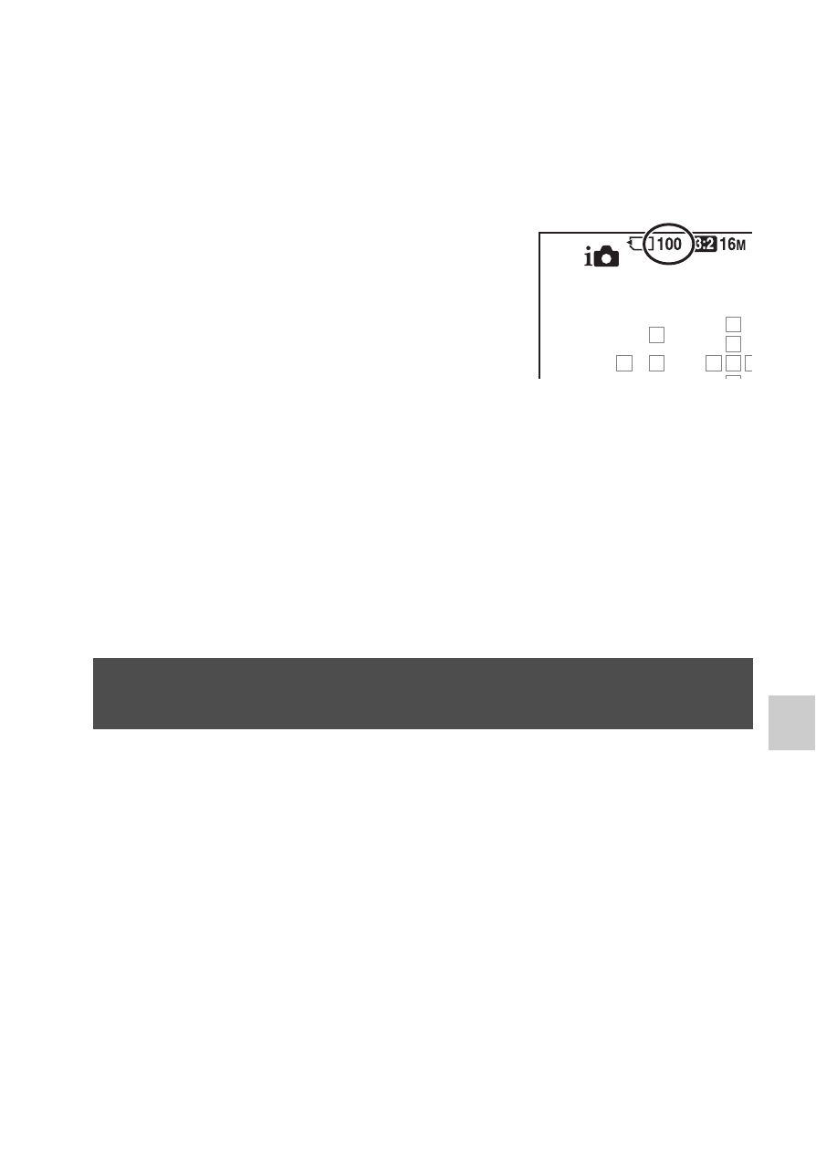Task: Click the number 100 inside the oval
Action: (x=669, y=244)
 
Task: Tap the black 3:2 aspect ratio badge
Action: (x=705, y=245)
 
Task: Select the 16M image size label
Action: (x=732, y=245)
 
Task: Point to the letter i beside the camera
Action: (x=588, y=256)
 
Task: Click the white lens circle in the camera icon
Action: (x=606, y=259)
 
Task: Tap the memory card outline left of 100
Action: (x=641, y=244)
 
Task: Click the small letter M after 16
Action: (x=740, y=246)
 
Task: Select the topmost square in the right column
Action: (x=733, y=325)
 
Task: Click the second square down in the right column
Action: (x=733, y=344)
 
